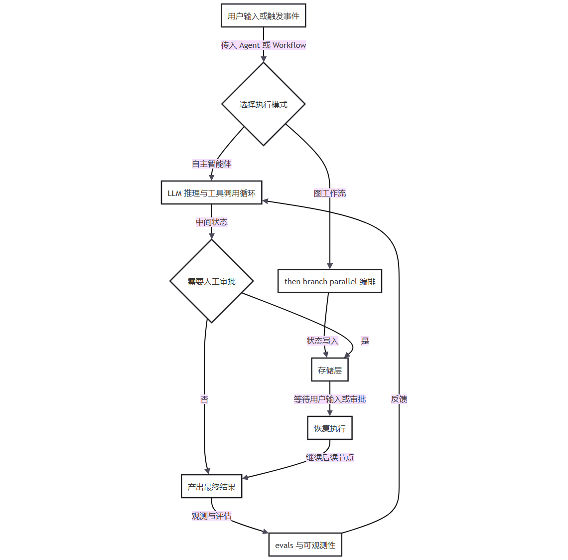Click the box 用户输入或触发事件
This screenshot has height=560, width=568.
pyautogui.click(x=264, y=15)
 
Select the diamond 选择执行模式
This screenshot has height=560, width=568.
pyautogui.click(x=264, y=104)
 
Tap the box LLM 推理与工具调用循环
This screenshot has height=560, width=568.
pyautogui.click(x=212, y=192)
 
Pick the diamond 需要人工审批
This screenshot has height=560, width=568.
pyautogui.click(x=212, y=281)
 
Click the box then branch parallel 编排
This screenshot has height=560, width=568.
pyautogui.click(x=330, y=281)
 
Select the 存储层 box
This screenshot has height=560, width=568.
pyautogui.click(x=330, y=370)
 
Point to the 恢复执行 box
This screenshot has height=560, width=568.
pyautogui.click(x=330, y=428)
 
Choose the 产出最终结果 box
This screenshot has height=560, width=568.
pyautogui.click(x=212, y=486)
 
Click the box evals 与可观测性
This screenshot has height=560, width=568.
pyautogui.click(x=305, y=545)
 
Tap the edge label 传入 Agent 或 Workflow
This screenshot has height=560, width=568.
pyautogui.click(x=264, y=45)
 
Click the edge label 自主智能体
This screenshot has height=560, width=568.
pyautogui.click(x=212, y=164)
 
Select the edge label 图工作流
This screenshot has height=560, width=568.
pyautogui.click(x=330, y=193)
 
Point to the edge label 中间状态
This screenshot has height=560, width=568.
pyautogui.click(x=212, y=222)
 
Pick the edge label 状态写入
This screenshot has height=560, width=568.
pyautogui.click(x=322, y=341)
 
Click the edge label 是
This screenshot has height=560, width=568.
pyautogui.click(x=365, y=341)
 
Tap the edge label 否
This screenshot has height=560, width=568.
pyautogui.click(x=204, y=399)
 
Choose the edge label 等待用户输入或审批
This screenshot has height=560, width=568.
pyautogui.click(x=330, y=399)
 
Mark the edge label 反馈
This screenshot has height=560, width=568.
pyautogui.click(x=399, y=399)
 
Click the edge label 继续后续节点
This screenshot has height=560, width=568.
pyautogui.click(x=330, y=457)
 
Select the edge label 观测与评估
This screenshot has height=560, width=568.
pyautogui.click(x=212, y=516)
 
